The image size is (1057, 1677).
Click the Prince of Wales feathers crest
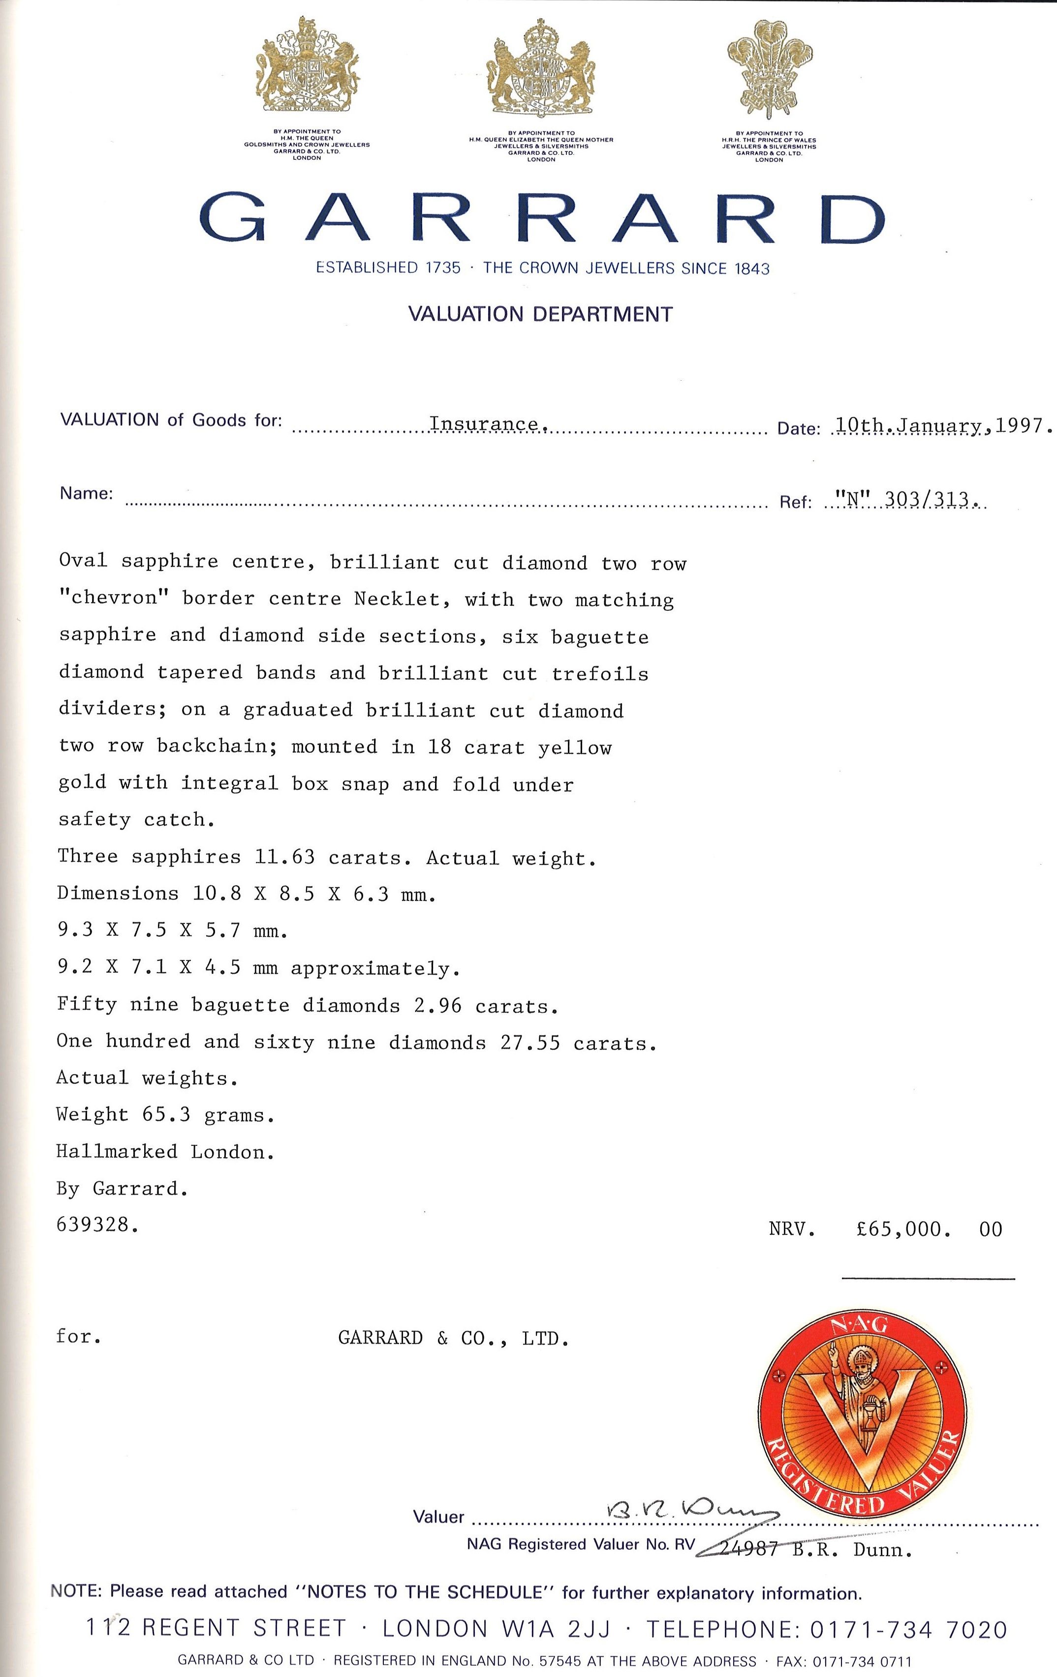(769, 70)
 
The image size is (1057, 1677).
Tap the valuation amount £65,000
(903, 1229)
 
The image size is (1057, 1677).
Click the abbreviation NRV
(792, 1229)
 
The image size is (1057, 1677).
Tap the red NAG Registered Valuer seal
(863, 1415)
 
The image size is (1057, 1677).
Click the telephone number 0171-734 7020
(908, 1630)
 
